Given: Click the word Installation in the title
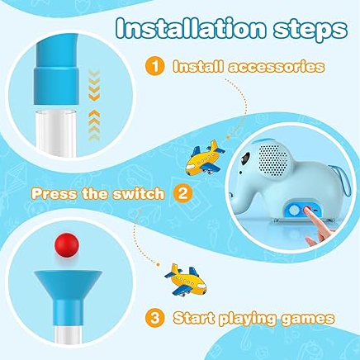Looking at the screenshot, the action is (x=191, y=29).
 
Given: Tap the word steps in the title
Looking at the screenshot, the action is (x=310, y=31).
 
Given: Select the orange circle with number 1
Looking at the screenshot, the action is (x=155, y=67).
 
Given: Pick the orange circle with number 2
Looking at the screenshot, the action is (x=182, y=193).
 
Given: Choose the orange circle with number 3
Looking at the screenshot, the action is (x=155, y=318).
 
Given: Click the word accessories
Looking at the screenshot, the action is (x=277, y=67).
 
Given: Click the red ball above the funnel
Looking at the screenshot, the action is (x=67, y=244).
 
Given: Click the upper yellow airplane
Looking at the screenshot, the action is (x=204, y=158).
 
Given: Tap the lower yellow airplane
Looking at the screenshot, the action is (x=185, y=280).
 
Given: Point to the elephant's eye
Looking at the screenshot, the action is (x=245, y=159).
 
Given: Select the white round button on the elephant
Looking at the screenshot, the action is (x=294, y=211).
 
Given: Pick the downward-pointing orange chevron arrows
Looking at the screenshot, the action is (x=94, y=85).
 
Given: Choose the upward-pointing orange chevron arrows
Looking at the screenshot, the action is (x=94, y=126).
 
